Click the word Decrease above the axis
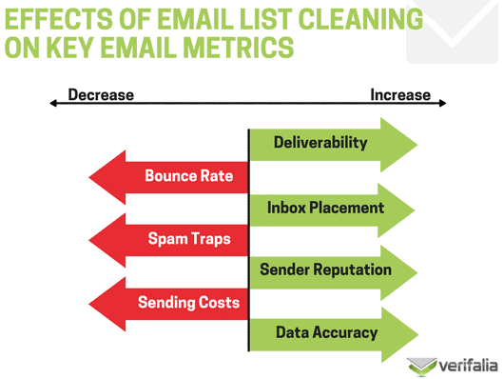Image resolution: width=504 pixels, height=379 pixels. click(101, 95)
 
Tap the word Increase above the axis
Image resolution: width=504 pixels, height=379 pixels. click(400, 95)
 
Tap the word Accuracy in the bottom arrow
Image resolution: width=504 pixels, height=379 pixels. click(346, 333)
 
